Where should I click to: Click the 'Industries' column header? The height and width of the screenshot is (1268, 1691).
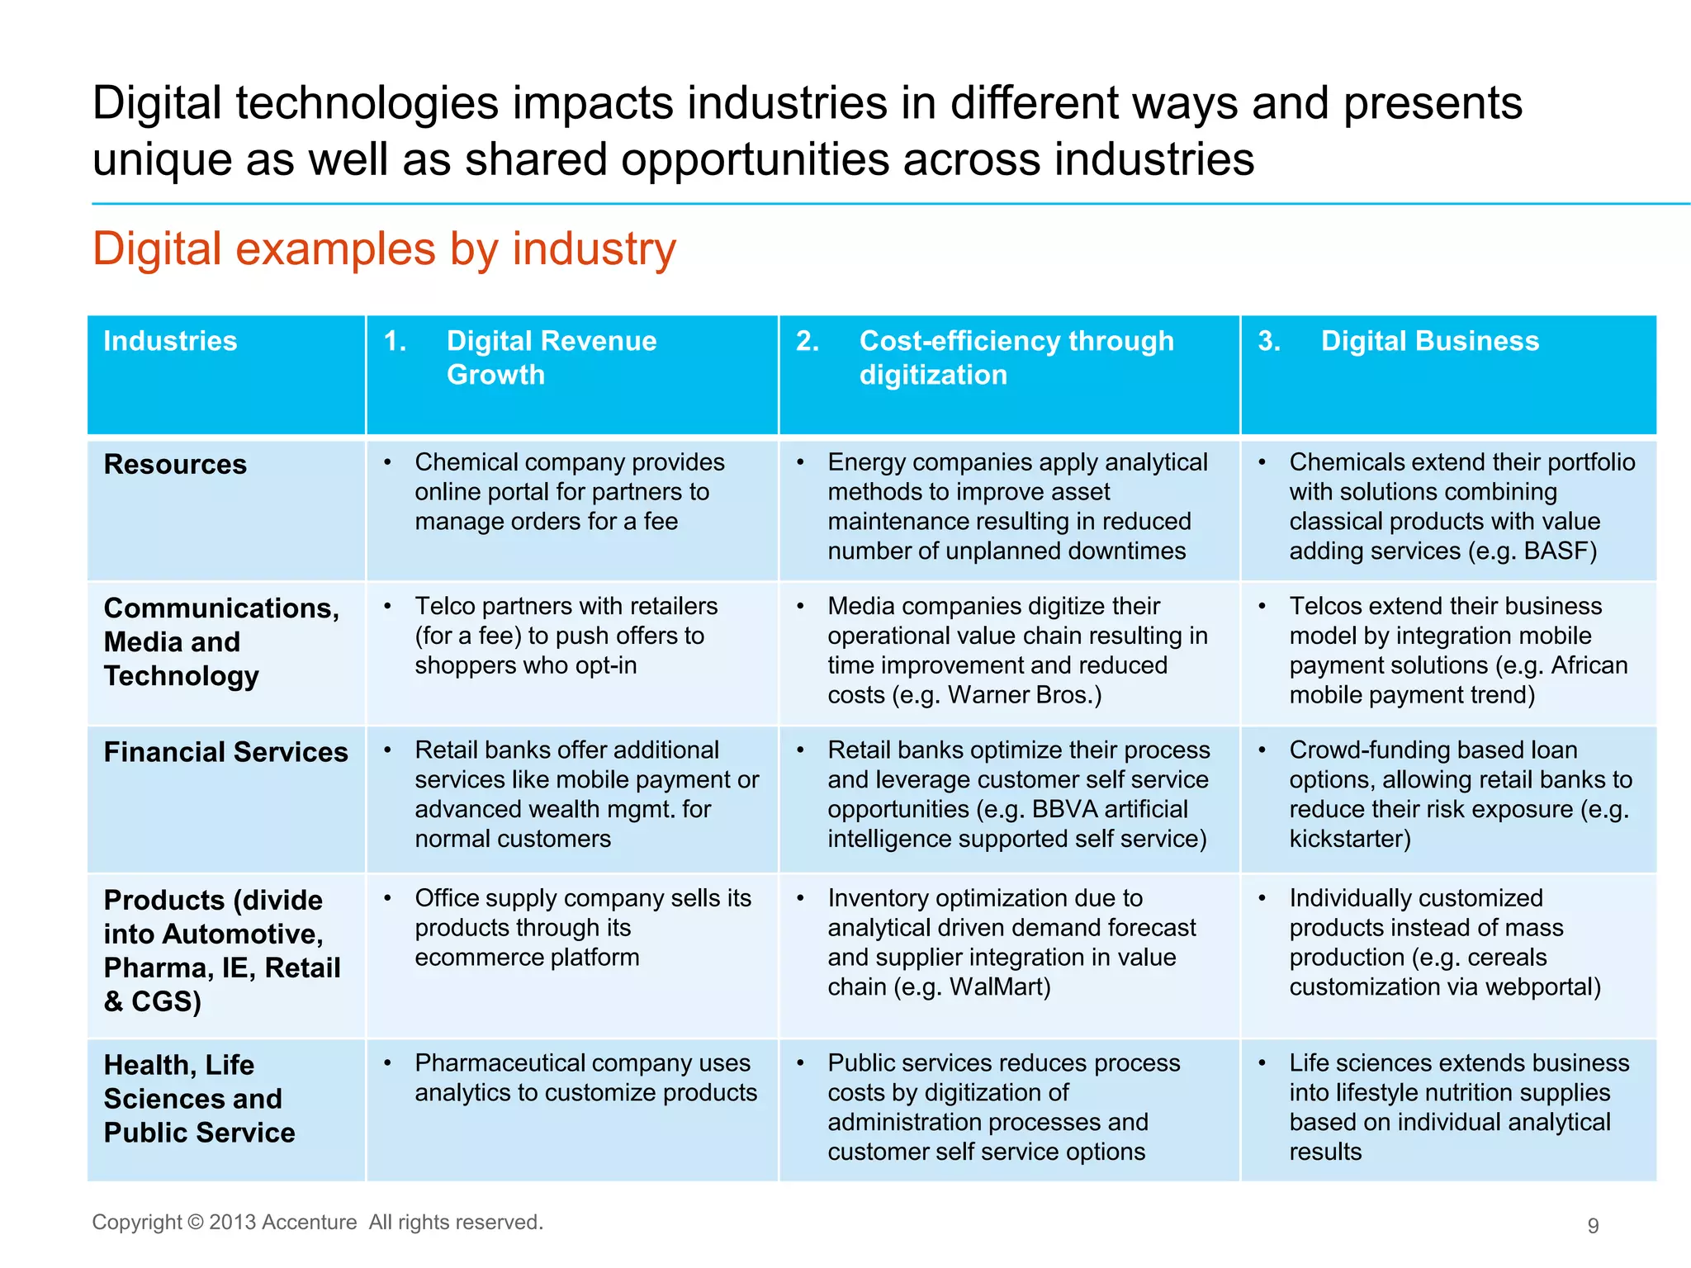170,342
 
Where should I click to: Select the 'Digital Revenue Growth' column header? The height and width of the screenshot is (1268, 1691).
551,357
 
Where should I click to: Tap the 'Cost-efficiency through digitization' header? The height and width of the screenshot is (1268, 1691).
1016,357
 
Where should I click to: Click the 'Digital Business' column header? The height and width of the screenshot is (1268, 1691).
1429,342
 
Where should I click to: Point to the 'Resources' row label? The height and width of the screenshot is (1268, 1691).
175,465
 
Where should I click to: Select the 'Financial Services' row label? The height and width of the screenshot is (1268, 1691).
225,752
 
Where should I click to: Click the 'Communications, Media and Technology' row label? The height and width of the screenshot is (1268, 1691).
220,641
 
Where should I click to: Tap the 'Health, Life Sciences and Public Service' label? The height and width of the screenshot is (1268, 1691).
199,1099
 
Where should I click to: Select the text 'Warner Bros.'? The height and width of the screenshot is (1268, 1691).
1024,695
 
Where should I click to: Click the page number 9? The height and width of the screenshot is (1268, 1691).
1593,1225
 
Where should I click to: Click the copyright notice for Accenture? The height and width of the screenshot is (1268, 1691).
317,1222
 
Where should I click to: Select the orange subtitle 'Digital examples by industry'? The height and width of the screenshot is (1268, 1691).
384,249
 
